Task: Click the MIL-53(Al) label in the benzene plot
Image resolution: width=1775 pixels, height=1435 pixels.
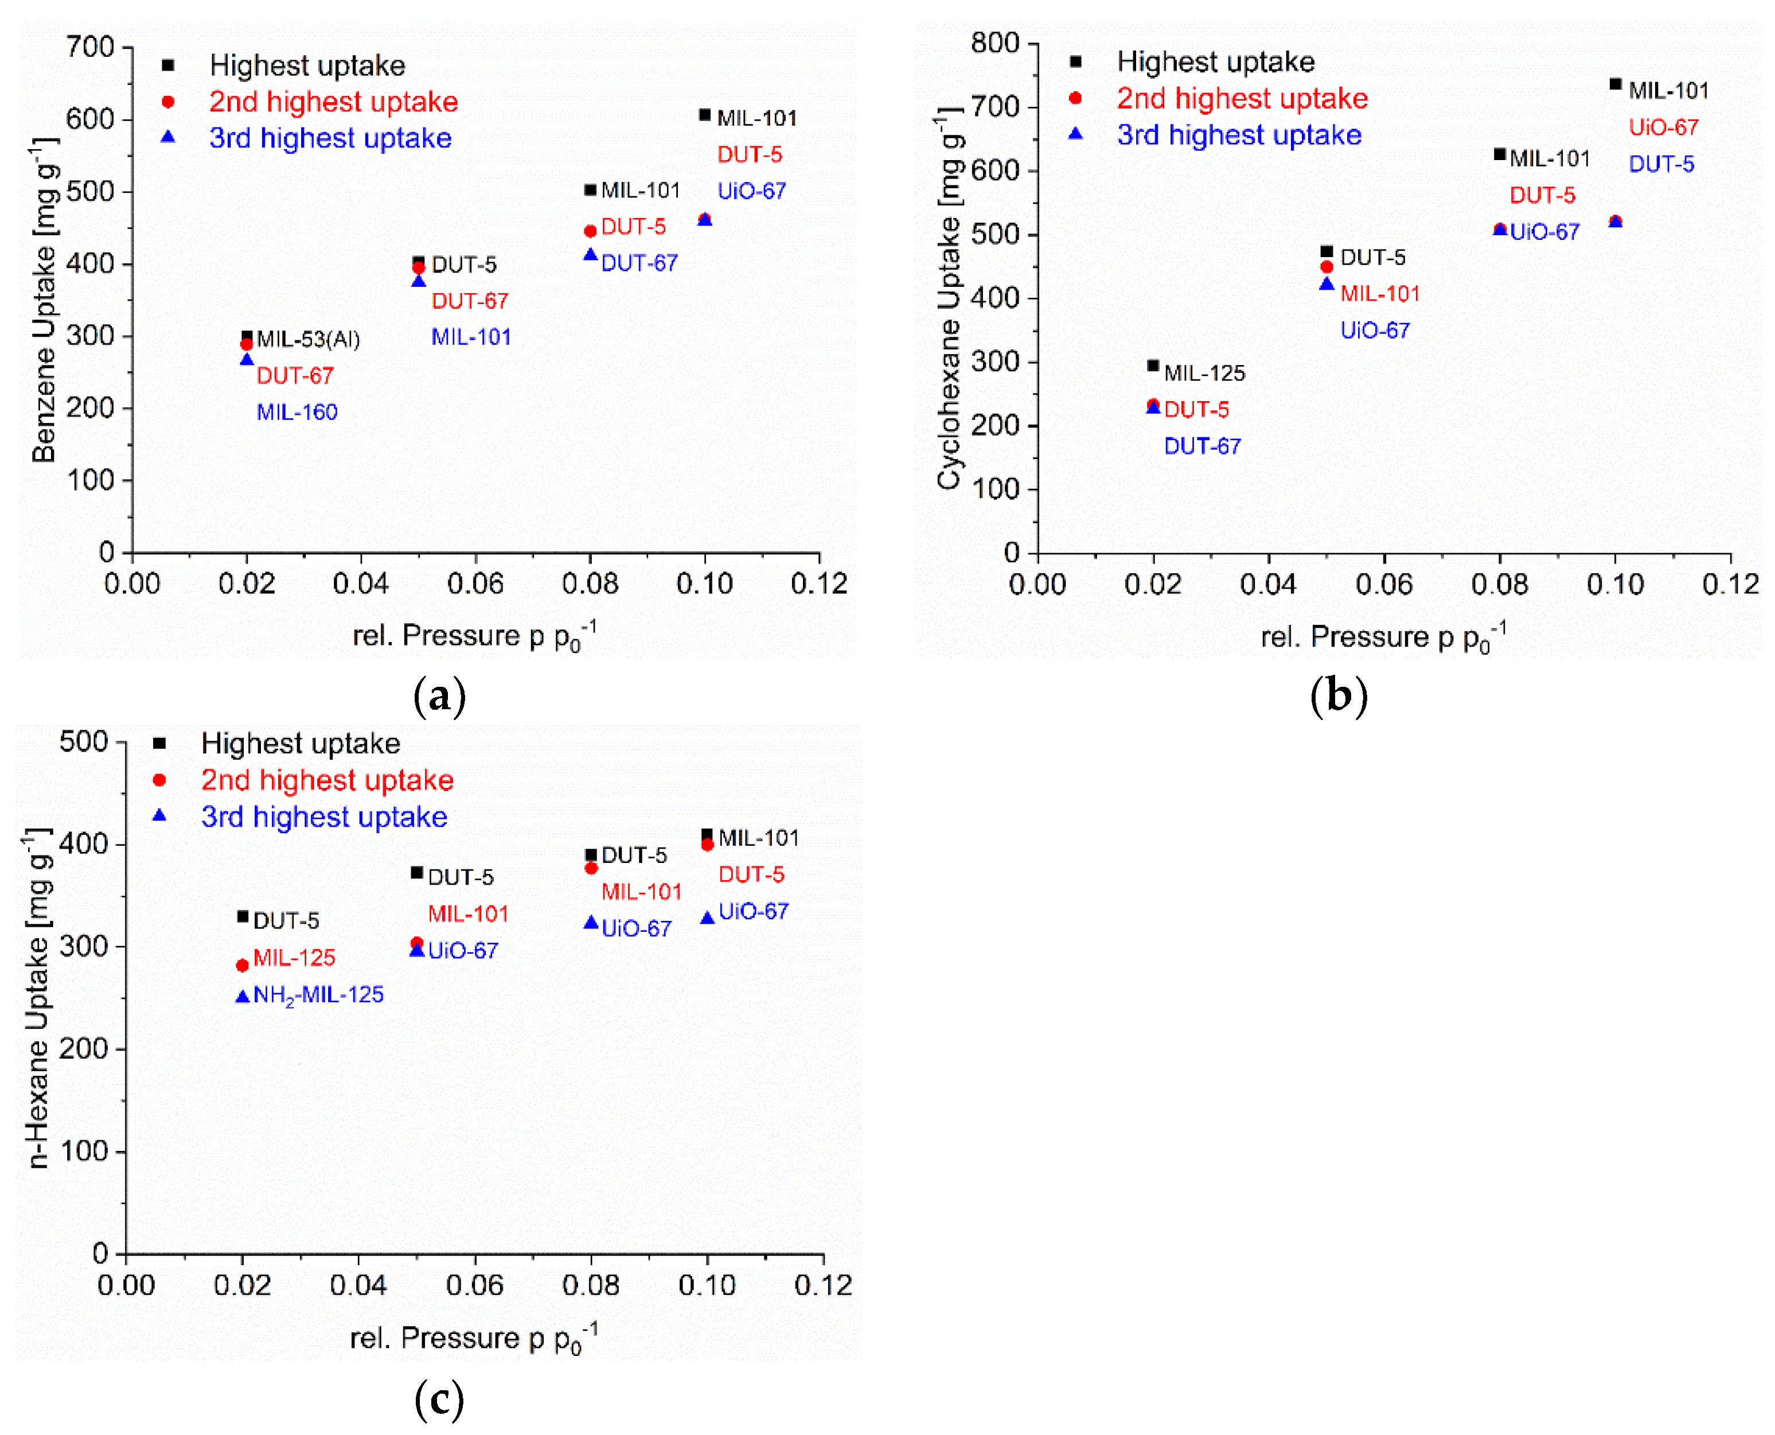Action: click(307, 339)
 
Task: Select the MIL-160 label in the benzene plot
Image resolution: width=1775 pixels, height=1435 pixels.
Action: click(297, 411)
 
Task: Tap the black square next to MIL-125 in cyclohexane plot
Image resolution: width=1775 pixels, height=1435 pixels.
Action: click(1153, 365)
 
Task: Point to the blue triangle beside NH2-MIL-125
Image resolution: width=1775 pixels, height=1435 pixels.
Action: click(242, 997)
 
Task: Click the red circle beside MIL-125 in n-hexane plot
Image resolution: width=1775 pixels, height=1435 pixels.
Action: click(242, 966)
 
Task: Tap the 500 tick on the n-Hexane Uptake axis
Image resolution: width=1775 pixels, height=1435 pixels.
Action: click(84, 741)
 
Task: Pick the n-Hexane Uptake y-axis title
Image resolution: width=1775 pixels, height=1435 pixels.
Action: click(37, 998)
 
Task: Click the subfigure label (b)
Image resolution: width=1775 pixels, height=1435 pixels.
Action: click(1338, 695)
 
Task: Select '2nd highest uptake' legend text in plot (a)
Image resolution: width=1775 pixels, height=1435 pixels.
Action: click(333, 102)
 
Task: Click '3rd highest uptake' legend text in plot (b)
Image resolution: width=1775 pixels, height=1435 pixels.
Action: click(1239, 135)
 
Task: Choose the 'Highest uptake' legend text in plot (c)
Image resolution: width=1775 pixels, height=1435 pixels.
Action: click(300, 743)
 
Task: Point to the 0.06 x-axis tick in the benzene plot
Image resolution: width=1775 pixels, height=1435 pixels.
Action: click(475, 584)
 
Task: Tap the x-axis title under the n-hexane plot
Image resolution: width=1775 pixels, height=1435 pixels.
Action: click(474, 1337)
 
